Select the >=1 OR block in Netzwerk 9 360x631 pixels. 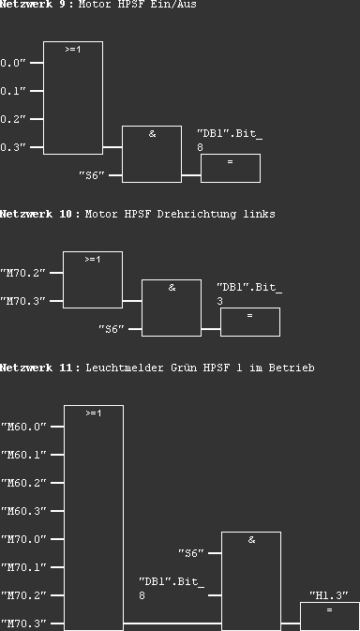[x=73, y=98]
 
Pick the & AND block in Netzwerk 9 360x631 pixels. [x=152, y=154]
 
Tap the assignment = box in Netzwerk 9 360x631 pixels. [x=230, y=168]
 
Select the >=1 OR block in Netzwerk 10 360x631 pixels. [x=93, y=279]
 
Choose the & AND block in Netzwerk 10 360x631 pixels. [x=172, y=308]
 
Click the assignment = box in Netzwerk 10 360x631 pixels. [x=249, y=322]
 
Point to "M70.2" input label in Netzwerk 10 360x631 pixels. [x=22, y=273]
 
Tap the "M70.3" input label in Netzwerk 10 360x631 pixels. [x=22, y=301]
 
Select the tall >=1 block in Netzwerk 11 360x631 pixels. [x=93, y=517]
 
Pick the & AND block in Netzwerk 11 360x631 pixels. [x=251, y=580]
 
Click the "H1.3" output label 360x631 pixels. [x=329, y=595]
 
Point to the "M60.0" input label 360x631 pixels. [x=22, y=427]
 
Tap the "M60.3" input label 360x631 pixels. [x=22, y=511]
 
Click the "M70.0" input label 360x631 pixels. [x=22, y=539]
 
